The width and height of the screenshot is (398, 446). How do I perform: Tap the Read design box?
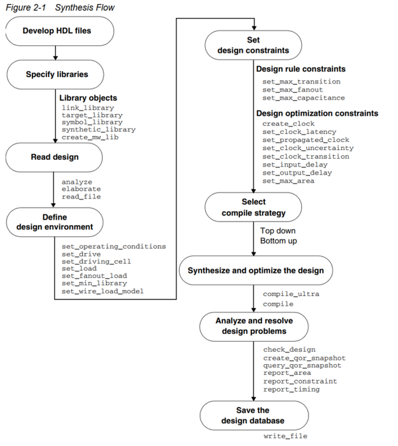tap(54, 157)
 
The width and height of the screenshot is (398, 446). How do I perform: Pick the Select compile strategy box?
tap(253, 206)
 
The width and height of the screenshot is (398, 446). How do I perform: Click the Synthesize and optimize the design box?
tap(255, 270)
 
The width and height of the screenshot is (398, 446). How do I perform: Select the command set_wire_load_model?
tap(102, 291)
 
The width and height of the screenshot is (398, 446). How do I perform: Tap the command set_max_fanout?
tap(293, 90)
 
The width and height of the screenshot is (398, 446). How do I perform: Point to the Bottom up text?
tap(278, 240)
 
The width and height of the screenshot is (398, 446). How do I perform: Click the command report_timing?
tap(291, 389)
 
